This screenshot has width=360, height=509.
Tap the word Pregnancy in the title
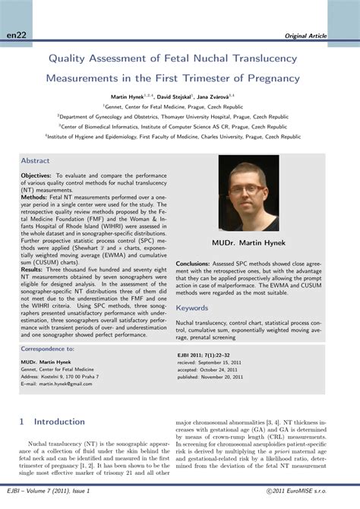coord(271,77)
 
